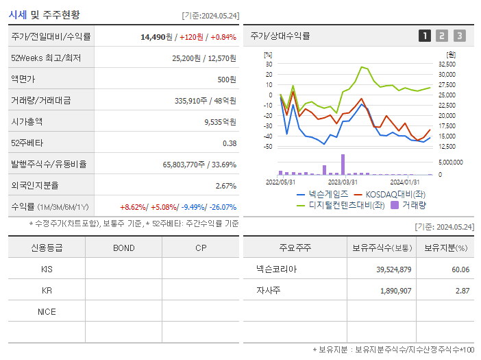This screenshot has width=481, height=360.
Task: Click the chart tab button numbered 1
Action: tap(425, 36)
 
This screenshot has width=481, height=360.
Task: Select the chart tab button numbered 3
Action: tap(459, 36)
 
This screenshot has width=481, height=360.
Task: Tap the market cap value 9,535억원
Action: tap(220, 122)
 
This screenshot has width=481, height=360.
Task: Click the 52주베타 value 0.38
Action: tap(230, 143)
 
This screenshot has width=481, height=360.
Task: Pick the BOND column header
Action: tap(123, 248)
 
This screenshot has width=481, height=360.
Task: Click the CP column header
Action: tap(201, 248)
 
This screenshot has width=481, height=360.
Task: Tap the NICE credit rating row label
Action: tap(47, 311)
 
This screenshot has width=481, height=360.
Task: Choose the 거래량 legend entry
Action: tap(414, 204)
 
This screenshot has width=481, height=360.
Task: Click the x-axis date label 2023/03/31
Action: tap(343, 182)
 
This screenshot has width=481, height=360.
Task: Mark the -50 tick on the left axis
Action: tap(268, 147)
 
